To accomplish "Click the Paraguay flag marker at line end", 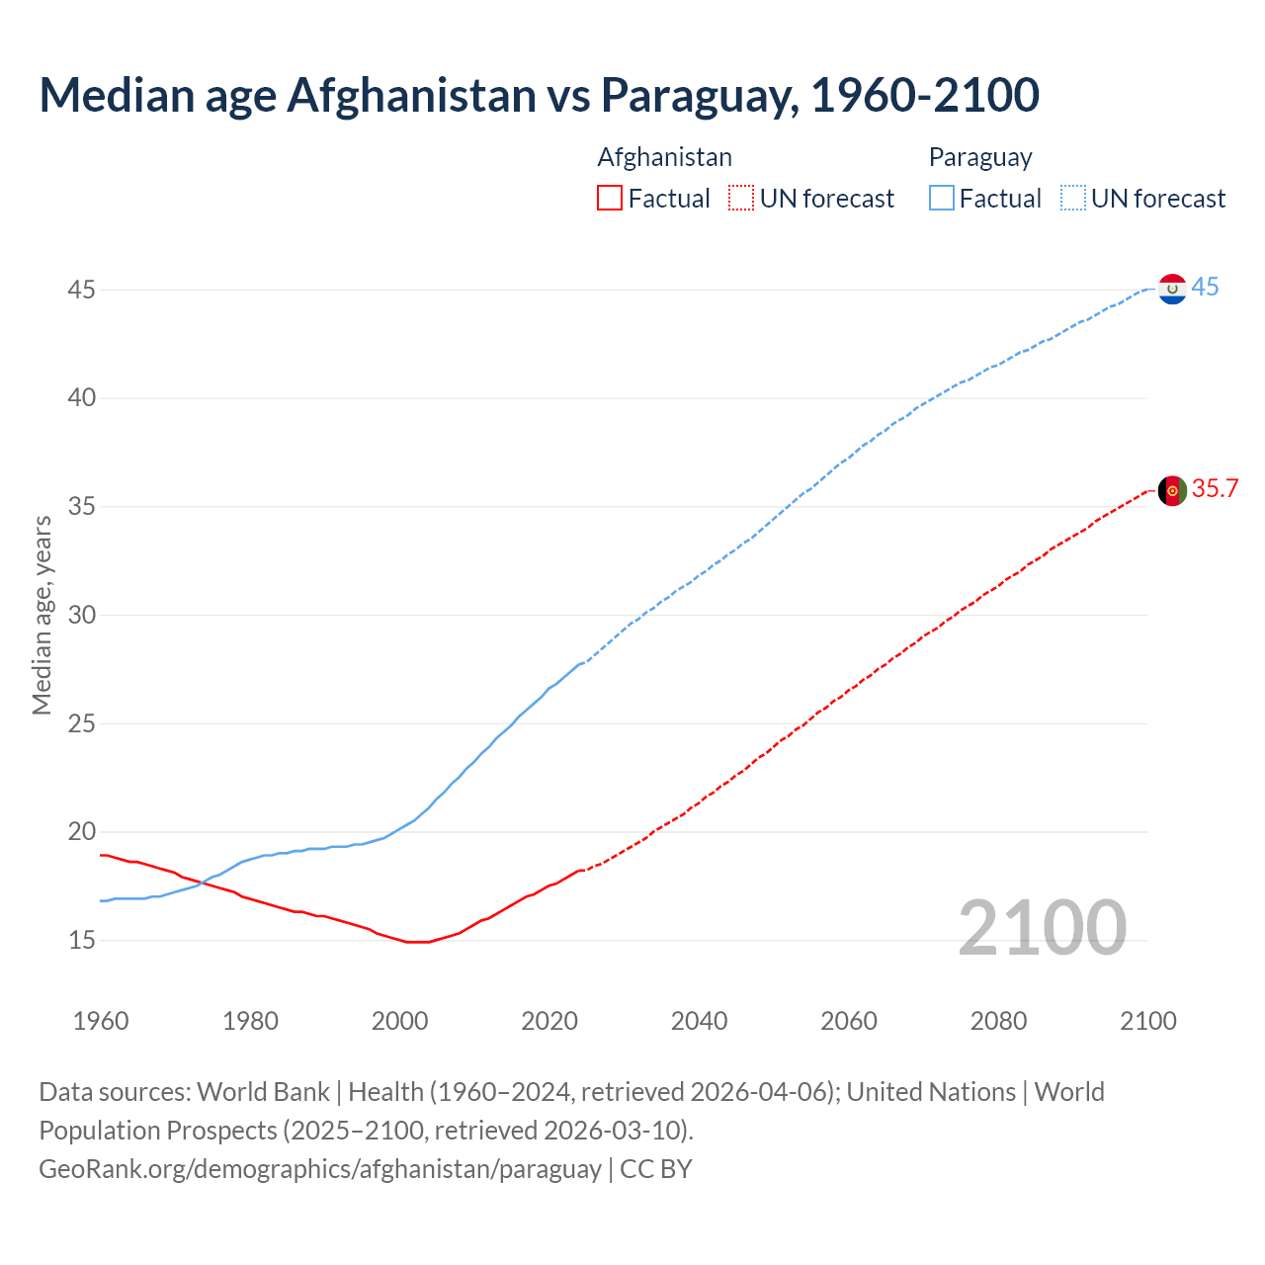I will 1172,289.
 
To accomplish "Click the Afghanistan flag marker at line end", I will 1172,490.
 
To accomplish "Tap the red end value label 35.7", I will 1215,489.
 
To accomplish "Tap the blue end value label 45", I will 1205,288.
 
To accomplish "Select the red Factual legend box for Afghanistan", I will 610,199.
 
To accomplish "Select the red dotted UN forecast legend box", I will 741,199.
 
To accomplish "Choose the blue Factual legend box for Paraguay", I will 942,199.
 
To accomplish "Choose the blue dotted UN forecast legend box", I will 1073,199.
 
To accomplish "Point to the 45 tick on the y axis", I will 81,291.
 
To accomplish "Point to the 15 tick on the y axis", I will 81,940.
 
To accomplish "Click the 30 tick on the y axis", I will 81,615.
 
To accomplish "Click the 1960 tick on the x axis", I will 101,1021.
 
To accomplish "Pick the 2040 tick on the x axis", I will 699,1021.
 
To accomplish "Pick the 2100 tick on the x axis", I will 1148,1021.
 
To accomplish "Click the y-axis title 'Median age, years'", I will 42,615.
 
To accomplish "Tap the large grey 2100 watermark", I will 1042,927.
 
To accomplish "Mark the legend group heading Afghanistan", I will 664,157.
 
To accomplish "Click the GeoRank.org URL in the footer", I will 319,1169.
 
